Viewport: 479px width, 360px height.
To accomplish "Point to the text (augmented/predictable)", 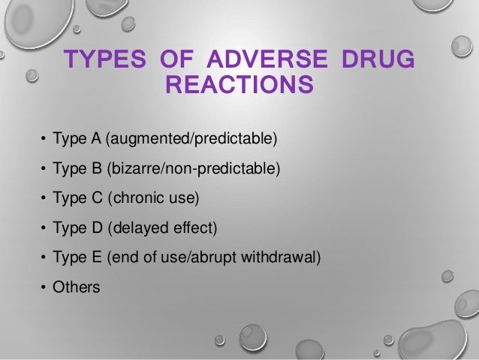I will click(191, 140).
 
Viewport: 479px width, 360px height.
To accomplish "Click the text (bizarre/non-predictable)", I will click(194, 169).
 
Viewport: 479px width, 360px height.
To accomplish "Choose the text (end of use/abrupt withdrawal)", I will click(213, 258).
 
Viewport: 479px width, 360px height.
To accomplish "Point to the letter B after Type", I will click(95, 169).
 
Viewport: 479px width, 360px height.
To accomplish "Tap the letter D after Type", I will click(96, 228).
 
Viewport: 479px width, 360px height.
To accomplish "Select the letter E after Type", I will click(95, 258).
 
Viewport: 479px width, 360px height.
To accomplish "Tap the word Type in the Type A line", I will click(68, 140).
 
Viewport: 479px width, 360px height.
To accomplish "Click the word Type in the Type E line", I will click(68, 258).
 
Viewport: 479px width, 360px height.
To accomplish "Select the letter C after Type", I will click(96, 199).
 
